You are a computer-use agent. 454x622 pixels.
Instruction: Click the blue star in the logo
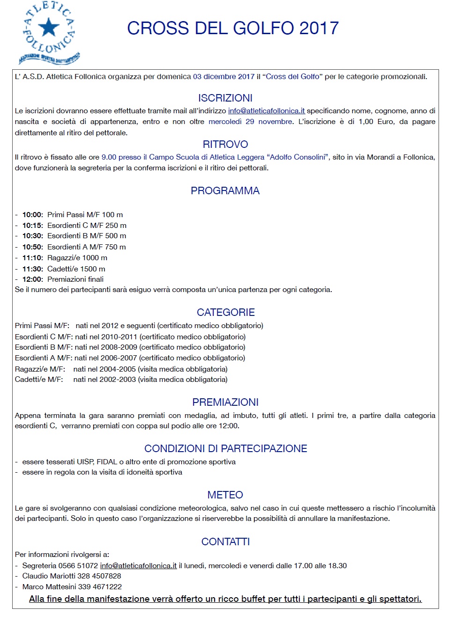49,27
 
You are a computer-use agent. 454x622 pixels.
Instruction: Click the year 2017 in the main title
319,29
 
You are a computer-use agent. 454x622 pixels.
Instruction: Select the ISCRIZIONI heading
225,98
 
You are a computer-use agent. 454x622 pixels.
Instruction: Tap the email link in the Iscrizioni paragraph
266,111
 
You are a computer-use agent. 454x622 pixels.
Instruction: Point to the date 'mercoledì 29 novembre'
251,122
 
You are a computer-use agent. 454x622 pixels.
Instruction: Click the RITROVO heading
225,145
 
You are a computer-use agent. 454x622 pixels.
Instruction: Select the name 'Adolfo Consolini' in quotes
298,157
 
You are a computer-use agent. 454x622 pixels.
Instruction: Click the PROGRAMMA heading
225,191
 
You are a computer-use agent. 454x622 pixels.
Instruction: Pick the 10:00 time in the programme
32,215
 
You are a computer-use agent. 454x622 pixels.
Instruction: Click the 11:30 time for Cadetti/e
32,269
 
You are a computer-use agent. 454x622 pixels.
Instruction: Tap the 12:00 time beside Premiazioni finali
32,279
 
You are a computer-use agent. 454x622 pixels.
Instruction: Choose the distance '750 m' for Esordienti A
115,247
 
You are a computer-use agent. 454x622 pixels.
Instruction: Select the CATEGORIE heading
226,313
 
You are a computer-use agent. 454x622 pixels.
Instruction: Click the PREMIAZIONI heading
225,402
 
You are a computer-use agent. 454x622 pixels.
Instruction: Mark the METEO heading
225,495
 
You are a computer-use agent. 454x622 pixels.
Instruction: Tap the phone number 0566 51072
78,566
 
